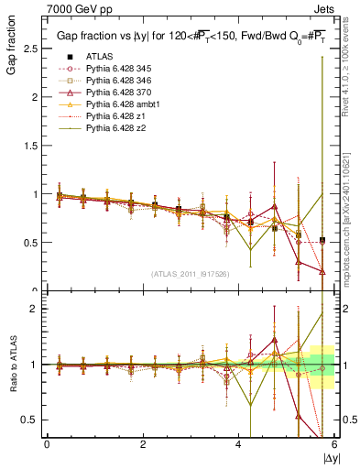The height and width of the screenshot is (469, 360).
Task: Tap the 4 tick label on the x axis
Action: tap(239, 444)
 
